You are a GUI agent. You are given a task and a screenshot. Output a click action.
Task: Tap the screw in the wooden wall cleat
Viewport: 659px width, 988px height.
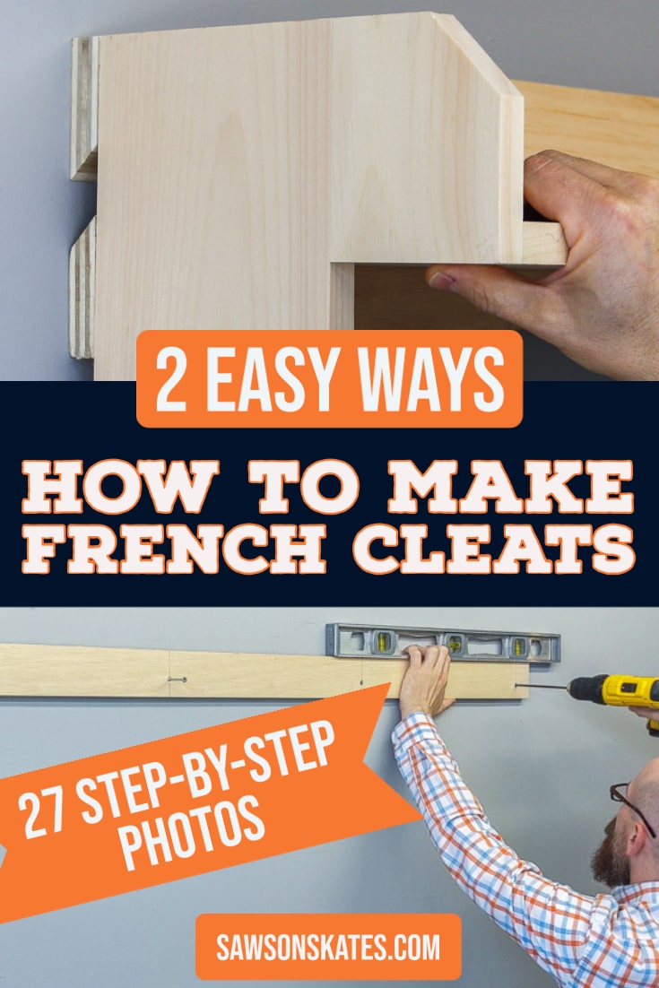coord(177,680)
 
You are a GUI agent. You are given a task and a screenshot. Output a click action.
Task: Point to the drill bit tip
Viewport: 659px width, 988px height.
coord(522,688)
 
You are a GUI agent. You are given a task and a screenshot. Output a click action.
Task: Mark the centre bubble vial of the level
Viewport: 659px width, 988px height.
coord(454,643)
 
